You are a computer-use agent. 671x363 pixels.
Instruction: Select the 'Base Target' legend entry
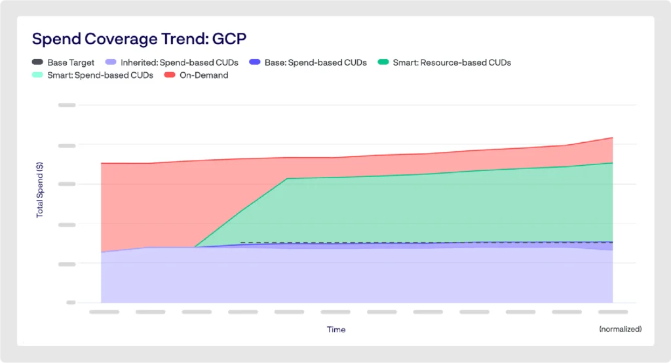[x=71, y=62]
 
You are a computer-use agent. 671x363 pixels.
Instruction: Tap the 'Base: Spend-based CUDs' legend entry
[x=315, y=62]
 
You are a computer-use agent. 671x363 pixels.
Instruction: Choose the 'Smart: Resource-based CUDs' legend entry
[x=451, y=62]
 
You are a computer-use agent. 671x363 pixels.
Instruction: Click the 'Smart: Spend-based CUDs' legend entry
[x=100, y=75]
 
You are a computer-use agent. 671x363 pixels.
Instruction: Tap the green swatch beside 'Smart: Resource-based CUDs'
[x=383, y=62]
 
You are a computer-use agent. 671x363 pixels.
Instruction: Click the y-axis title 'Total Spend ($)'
[x=40, y=190]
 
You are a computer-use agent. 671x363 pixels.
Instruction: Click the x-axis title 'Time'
[x=336, y=329]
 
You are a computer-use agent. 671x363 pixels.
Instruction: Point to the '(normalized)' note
[x=620, y=329]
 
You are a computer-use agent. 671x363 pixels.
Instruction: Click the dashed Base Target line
[x=426, y=242]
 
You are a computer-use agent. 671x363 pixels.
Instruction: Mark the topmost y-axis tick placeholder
[x=67, y=105]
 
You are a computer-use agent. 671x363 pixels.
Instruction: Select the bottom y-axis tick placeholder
[x=67, y=303]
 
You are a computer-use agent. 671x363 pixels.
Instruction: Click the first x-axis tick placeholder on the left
[x=104, y=312]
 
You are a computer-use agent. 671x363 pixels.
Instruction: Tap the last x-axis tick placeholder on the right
[x=613, y=312]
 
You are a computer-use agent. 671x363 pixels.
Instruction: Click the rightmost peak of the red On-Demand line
[x=612, y=138]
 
